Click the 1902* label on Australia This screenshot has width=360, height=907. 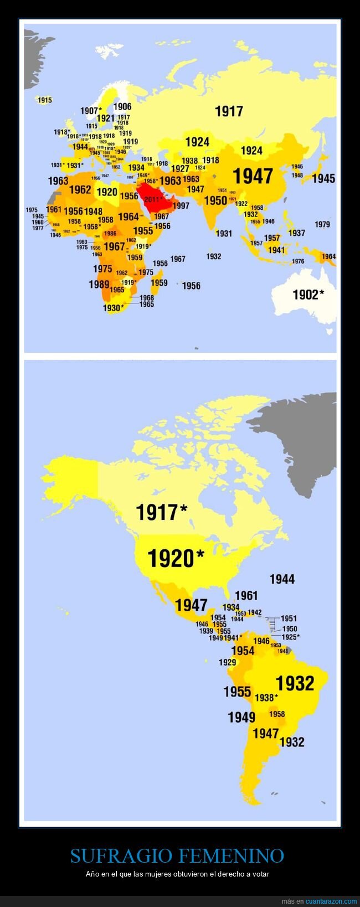tap(308, 295)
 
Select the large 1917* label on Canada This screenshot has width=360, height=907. tap(162, 512)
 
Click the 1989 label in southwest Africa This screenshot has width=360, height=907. tap(99, 284)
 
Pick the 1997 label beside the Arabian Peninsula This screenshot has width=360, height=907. tap(181, 205)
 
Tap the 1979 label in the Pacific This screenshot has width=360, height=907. tap(322, 224)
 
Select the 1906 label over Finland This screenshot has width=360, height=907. tap(122, 107)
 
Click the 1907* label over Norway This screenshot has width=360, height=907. tap(91, 111)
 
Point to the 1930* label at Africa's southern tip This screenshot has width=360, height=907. tap(114, 308)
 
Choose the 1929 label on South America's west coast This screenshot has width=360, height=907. tap(227, 662)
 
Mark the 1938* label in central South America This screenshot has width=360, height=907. tap(266, 698)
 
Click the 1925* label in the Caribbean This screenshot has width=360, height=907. tap(290, 637)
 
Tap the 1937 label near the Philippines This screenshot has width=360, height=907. tap(296, 233)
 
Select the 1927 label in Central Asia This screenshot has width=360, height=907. tap(180, 169)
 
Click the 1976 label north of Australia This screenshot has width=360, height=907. tap(298, 261)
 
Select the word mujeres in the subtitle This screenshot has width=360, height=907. tap(171, 874)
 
